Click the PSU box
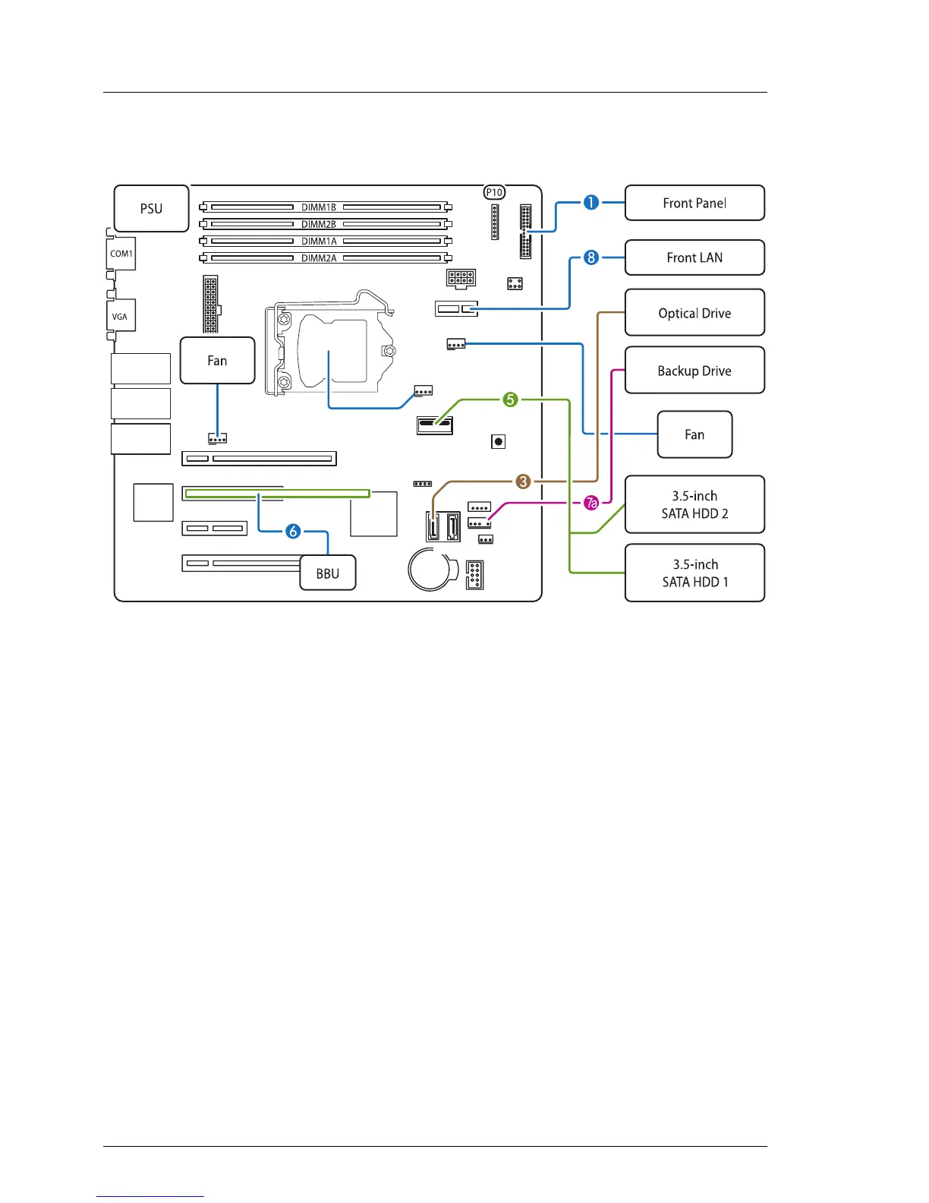[x=151, y=209]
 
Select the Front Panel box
[x=694, y=203]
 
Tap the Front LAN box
[x=694, y=257]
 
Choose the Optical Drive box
[x=694, y=313]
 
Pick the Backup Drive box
[x=694, y=371]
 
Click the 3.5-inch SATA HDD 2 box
[x=694, y=504]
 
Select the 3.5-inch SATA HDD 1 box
[x=694, y=573]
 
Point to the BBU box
[x=328, y=573]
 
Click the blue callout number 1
[x=591, y=203]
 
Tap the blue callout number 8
[x=591, y=257]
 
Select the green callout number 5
[x=511, y=399]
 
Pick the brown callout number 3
[x=523, y=482]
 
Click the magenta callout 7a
[x=591, y=503]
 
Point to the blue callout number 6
[x=293, y=532]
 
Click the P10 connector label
[x=494, y=193]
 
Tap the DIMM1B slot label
[x=319, y=207]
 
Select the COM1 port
[x=121, y=254]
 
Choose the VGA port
[x=120, y=317]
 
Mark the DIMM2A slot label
[x=319, y=258]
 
